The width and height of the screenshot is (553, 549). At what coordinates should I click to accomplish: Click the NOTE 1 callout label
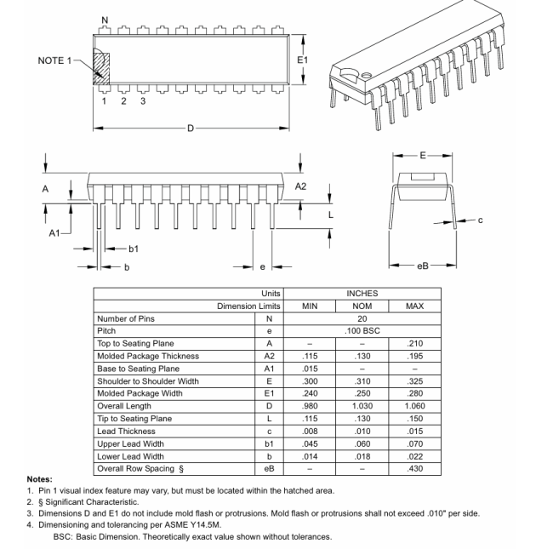(x=58, y=60)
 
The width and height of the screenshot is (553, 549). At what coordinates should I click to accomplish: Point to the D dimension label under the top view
(x=190, y=129)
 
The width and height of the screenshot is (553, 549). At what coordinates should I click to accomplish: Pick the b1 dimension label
(x=134, y=249)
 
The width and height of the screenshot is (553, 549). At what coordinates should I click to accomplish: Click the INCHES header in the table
(x=362, y=294)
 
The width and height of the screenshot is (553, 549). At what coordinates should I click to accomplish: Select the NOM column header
(x=362, y=306)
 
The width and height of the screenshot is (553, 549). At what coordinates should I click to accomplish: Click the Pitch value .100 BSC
(x=362, y=331)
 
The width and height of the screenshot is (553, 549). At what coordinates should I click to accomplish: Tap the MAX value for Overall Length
(x=414, y=406)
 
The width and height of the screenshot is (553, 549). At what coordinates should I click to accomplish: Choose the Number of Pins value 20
(x=362, y=318)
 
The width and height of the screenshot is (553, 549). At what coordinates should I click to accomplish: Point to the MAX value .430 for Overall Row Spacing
(x=414, y=469)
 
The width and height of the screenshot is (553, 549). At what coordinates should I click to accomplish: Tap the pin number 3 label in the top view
(x=143, y=101)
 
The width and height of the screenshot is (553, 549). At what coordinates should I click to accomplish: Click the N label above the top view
(x=105, y=20)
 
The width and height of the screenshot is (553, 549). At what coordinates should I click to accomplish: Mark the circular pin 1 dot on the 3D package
(x=366, y=74)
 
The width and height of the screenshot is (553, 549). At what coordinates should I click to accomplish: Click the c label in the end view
(x=480, y=220)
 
